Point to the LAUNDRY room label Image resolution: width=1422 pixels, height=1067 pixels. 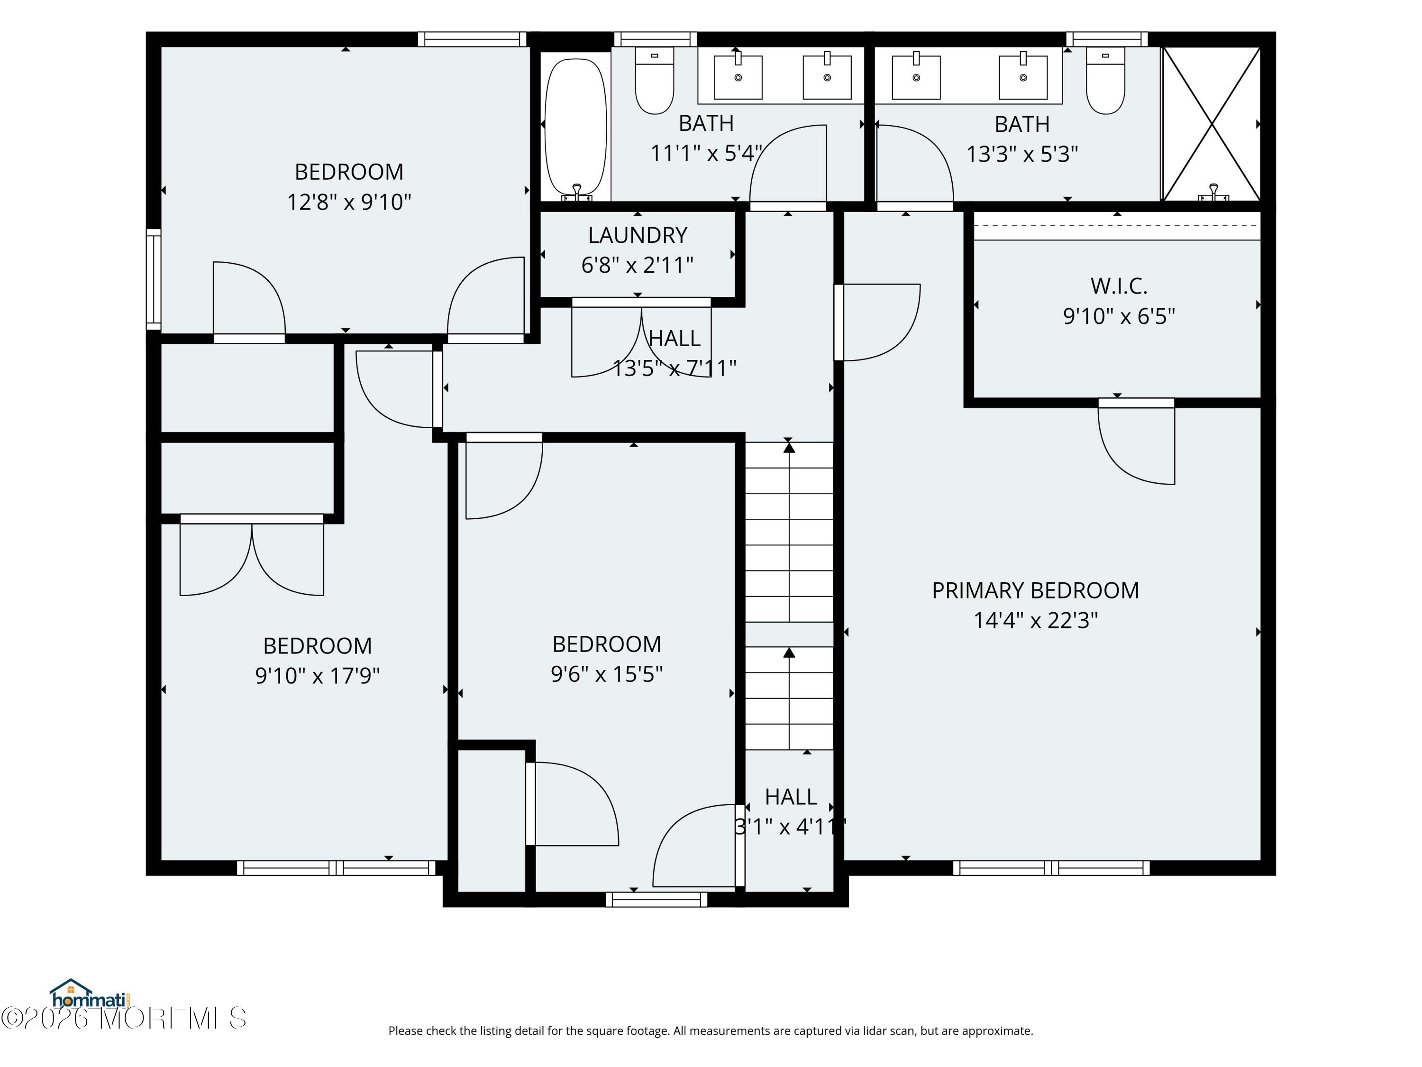coord(638,235)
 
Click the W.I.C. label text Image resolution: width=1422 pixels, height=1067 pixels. coord(1119,286)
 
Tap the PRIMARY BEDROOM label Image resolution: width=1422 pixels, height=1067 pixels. coord(1035,590)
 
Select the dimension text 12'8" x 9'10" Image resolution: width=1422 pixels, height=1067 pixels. coord(349,202)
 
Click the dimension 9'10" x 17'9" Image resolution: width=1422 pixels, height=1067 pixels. coord(318,676)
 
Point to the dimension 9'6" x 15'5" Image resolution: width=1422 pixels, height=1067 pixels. coord(607,674)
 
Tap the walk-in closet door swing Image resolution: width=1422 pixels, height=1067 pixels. coord(1136,444)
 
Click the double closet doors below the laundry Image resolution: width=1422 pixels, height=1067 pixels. coord(642,339)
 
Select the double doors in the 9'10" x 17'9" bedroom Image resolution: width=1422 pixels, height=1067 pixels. coord(251,556)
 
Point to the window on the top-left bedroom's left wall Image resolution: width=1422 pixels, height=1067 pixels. coord(154,279)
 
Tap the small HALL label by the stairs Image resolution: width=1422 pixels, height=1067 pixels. coord(791,797)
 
